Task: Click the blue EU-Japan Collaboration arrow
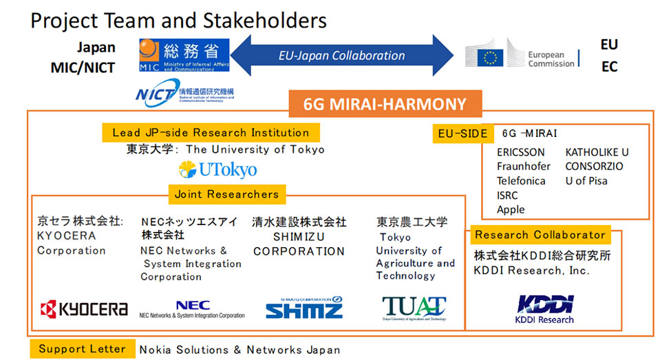coord(341,56)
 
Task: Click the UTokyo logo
coord(217,169)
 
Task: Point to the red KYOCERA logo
coord(84,309)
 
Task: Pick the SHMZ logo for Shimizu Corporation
coord(303,308)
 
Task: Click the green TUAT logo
coord(414,308)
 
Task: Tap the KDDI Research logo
coord(544,307)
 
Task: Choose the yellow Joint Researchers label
coord(226,194)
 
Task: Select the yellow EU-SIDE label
coord(462,134)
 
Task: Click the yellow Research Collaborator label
coord(540,235)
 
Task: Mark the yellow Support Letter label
coord(82,349)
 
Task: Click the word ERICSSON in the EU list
coord(520,152)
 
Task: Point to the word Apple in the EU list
coord(511,209)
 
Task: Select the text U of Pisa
coord(586,181)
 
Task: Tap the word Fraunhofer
coord(524,167)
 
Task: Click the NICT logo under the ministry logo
coord(184,94)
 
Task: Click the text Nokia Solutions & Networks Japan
coord(239,350)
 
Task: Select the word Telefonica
coord(521,181)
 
